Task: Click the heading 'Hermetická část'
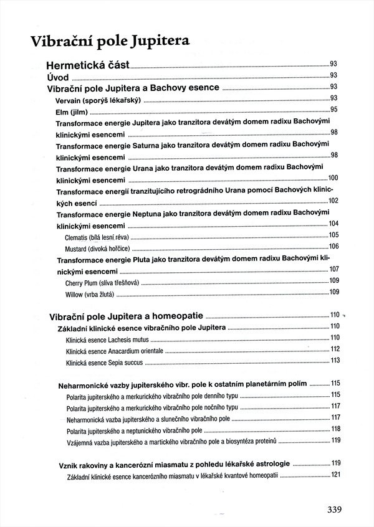(88, 65)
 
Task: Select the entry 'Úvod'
(57, 77)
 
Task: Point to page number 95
(333, 110)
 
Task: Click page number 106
(333, 247)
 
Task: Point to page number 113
(335, 360)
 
